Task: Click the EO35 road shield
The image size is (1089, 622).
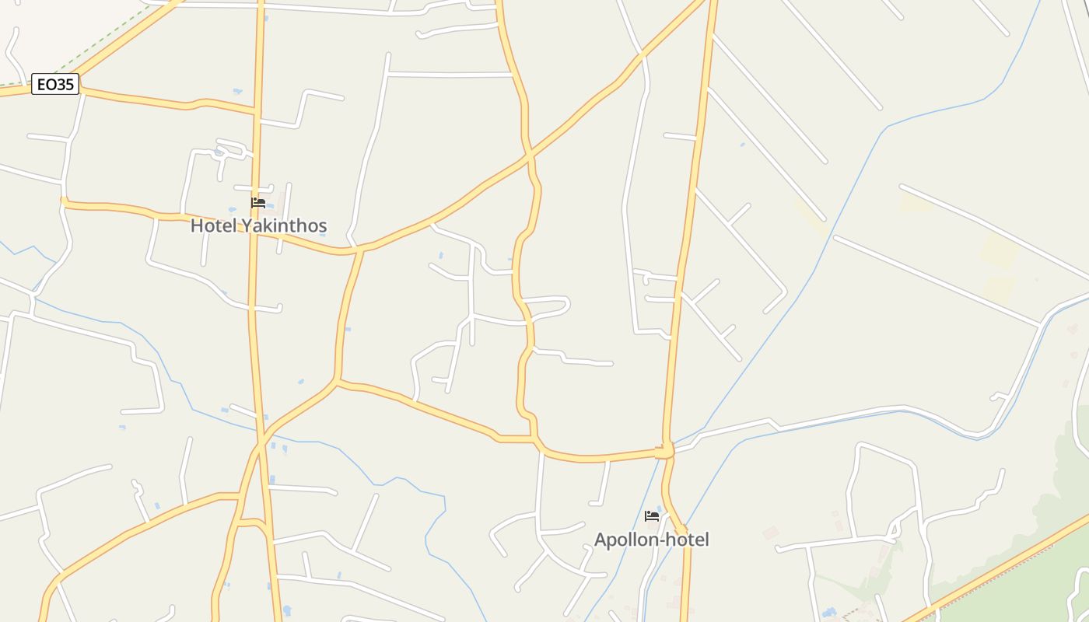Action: [x=55, y=84]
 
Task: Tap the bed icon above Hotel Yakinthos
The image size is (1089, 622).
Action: [x=258, y=203]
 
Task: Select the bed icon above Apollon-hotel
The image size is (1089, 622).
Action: [x=652, y=515]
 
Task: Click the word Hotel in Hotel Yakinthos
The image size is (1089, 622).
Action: [x=214, y=226]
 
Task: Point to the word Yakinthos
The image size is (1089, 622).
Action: [x=284, y=226]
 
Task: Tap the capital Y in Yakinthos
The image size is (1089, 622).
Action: [x=247, y=226]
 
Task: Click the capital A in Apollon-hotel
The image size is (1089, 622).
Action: [x=601, y=540]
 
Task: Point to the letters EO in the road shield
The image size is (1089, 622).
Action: [x=46, y=84]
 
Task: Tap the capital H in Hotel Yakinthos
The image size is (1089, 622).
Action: [x=197, y=226]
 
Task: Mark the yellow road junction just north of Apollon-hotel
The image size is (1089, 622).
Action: [x=665, y=451]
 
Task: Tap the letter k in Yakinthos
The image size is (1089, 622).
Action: [x=269, y=226]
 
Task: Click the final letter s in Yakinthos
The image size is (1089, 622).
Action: [x=322, y=227]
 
